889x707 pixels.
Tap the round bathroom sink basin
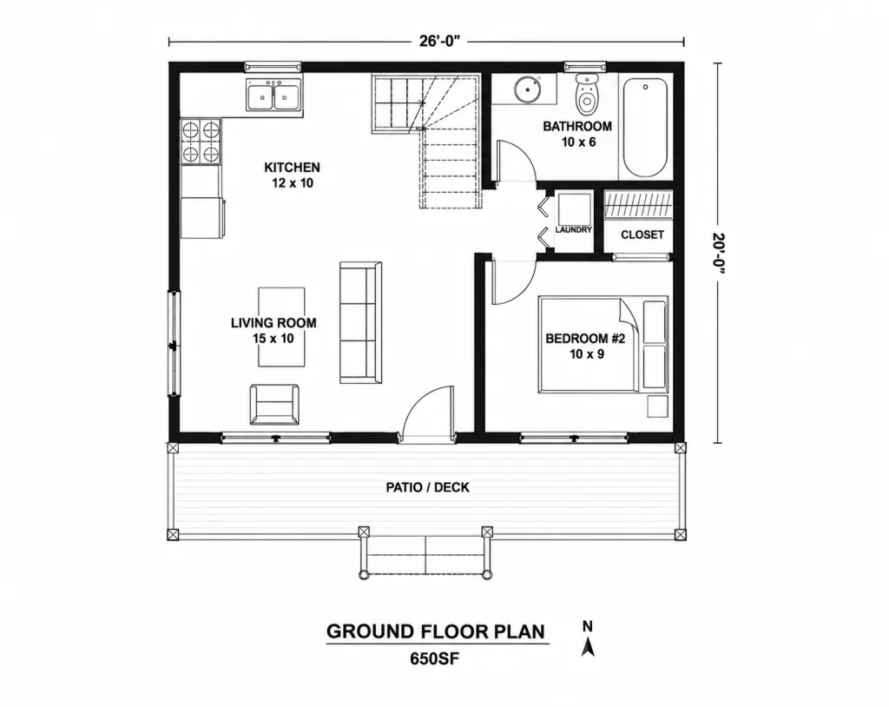coord(527,89)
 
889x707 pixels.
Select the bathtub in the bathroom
coord(645,127)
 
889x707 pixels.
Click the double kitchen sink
coord(274,95)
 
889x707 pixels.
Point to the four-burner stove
coord(201,142)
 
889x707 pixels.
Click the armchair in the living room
coord(274,405)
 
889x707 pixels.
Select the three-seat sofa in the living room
coord(360,322)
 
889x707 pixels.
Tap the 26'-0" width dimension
coord(439,41)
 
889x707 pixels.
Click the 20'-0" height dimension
coord(720,253)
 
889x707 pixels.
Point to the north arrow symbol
coord(588,639)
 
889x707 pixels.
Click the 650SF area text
coord(434,658)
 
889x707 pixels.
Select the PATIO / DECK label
coord(427,487)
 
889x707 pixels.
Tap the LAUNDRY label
coord(573,230)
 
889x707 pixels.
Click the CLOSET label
coord(642,235)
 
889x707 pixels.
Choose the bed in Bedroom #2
coord(603,344)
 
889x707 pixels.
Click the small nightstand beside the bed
coord(658,406)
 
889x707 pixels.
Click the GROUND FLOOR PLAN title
coord(436,631)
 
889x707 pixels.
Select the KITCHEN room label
coord(292,168)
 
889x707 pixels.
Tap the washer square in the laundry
coord(575,209)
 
